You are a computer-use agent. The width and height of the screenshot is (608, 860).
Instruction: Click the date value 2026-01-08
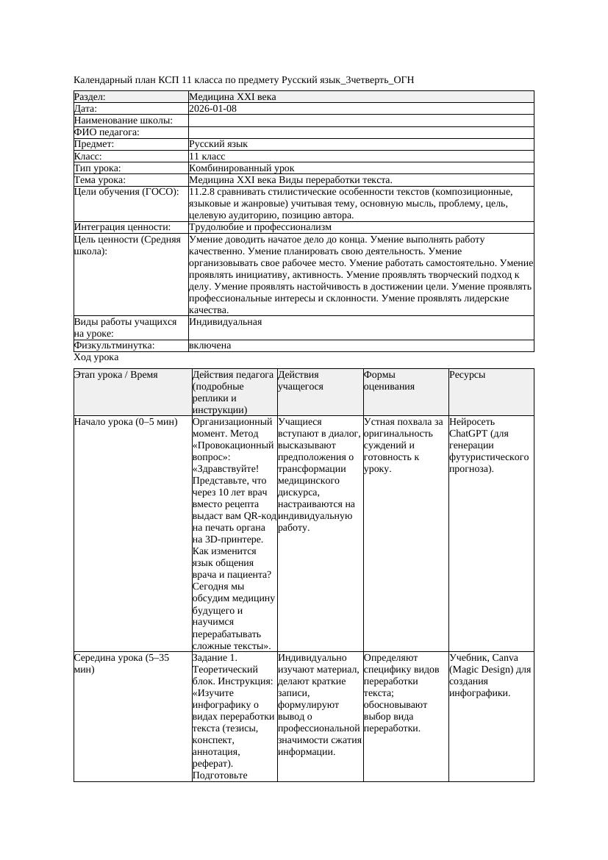(x=212, y=109)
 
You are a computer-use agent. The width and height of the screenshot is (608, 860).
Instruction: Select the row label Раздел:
(x=90, y=97)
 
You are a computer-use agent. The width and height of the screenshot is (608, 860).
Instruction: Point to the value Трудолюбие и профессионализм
(x=260, y=228)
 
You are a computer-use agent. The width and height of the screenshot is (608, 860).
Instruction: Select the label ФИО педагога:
(x=107, y=133)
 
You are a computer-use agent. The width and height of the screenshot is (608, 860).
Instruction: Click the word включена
(x=210, y=345)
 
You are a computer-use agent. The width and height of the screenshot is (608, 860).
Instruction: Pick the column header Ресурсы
(x=467, y=375)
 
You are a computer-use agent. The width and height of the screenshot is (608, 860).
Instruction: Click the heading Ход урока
(x=96, y=357)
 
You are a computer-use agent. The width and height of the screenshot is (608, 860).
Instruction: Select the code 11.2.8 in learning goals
(x=202, y=192)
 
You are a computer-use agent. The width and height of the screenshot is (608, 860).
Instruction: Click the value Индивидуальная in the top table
(x=225, y=322)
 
